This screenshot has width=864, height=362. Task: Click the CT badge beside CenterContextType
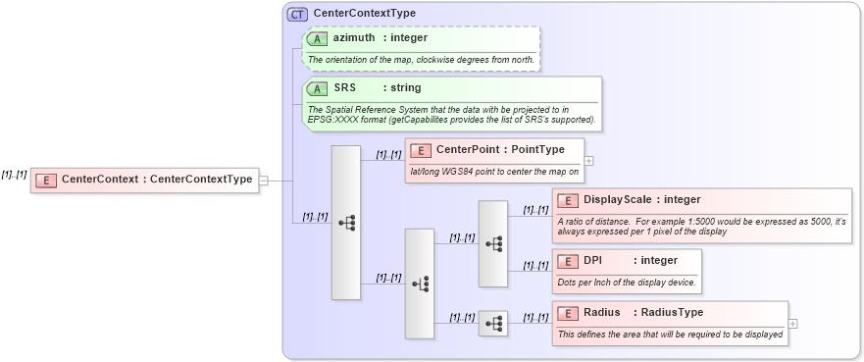tap(296, 14)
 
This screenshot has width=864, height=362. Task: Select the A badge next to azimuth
tap(317, 38)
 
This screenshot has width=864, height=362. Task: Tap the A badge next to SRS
tap(317, 88)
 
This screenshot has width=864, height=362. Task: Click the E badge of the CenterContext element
tap(45, 180)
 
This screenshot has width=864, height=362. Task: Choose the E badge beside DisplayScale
tap(567, 200)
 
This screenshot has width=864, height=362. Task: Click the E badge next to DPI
tap(567, 261)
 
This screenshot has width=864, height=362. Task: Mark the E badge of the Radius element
tap(567, 313)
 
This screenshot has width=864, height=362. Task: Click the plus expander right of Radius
tap(792, 323)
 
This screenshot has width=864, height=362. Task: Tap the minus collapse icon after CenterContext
tap(263, 181)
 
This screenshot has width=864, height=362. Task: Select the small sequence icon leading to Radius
tap(492, 323)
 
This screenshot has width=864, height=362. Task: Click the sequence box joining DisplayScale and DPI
tap(492, 243)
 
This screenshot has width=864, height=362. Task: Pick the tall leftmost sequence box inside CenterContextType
tap(346, 223)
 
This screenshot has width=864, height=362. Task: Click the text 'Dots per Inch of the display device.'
tap(627, 283)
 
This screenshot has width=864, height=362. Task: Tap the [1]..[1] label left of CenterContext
tap(14, 174)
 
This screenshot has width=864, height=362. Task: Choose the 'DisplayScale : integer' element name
tap(641, 200)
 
